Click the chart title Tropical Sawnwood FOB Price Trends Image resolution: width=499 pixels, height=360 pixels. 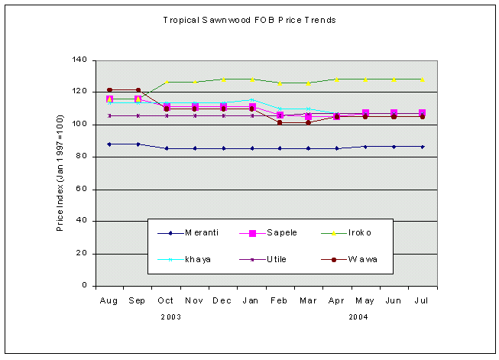[x=249, y=20]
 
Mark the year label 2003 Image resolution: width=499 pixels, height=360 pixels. [x=171, y=316]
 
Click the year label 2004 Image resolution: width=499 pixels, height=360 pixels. [x=358, y=316]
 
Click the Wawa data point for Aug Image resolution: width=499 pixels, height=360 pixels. [x=109, y=90]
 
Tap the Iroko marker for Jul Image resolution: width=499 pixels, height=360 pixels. [x=423, y=79]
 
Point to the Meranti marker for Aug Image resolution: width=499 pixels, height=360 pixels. [x=109, y=144]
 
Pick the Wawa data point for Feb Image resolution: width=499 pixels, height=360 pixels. [x=280, y=122]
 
